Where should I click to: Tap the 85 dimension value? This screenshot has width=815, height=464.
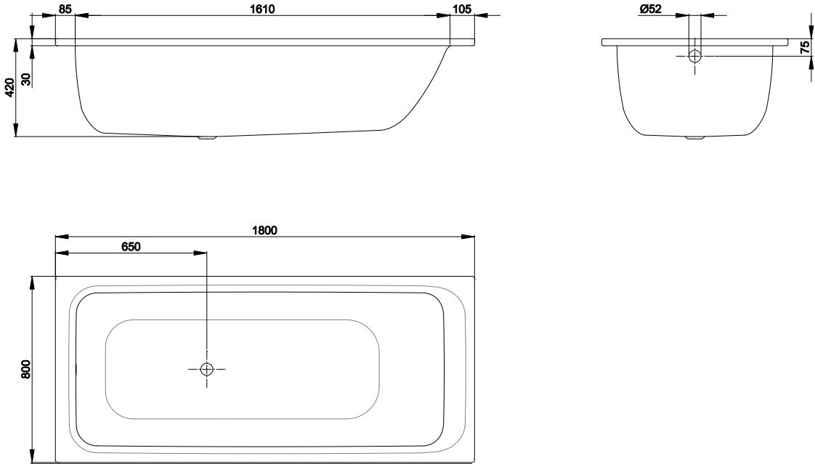coord(65,9)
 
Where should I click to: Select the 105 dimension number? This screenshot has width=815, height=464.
coord(462,9)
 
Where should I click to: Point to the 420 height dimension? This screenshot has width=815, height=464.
coord(9,87)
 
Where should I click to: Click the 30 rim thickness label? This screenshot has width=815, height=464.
coord(27,79)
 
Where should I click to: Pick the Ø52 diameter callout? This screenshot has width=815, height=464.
coord(650,9)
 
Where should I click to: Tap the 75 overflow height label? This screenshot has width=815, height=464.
coord(805,47)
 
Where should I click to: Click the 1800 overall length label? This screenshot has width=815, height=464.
coord(264,230)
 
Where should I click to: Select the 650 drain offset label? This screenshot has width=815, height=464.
coord(131,246)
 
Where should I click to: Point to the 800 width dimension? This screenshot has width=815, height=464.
coord(26,369)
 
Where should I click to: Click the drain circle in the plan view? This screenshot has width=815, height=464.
coord(207,369)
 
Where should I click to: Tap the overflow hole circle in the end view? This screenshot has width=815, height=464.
coord(694,56)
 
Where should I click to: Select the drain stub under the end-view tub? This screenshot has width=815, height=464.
coord(694,138)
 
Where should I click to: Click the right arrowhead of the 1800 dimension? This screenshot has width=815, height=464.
coord(469,237)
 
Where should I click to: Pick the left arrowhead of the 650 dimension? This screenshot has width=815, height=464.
coord(62,253)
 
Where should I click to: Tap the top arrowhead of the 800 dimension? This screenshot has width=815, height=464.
coord(33,283)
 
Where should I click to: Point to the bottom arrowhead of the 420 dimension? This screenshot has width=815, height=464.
coord(15,130)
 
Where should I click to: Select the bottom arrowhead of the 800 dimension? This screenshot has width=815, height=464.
coord(33,456)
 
